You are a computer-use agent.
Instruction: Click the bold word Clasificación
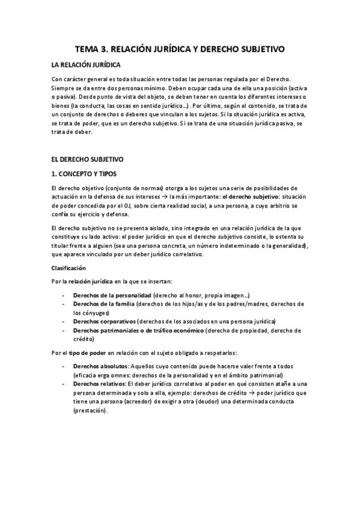tap(69, 268)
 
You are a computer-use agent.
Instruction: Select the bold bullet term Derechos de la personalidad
tap(112, 296)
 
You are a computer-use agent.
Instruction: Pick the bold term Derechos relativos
tap(99, 383)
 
